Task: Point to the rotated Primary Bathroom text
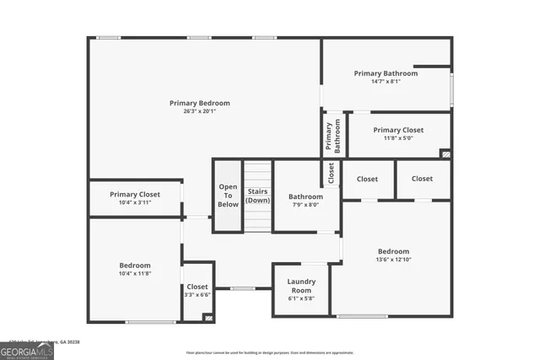pyautogui.click(x=334, y=136)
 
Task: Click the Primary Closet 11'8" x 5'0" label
pyautogui.click(x=398, y=134)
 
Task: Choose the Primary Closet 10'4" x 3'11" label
pyautogui.click(x=135, y=198)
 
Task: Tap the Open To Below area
pyautogui.click(x=228, y=196)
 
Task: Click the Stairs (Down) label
pyautogui.click(x=258, y=196)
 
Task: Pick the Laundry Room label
pyautogui.click(x=300, y=286)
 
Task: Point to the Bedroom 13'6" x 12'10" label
pyautogui.click(x=393, y=255)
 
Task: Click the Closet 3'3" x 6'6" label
pyautogui.click(x=197, y=290)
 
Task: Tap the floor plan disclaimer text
pyautogui.click(x=270, y=352)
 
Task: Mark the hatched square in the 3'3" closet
pyautogui.click(x=208, y=317)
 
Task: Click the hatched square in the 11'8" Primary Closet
pyautogui.click(x=445, y=154)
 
